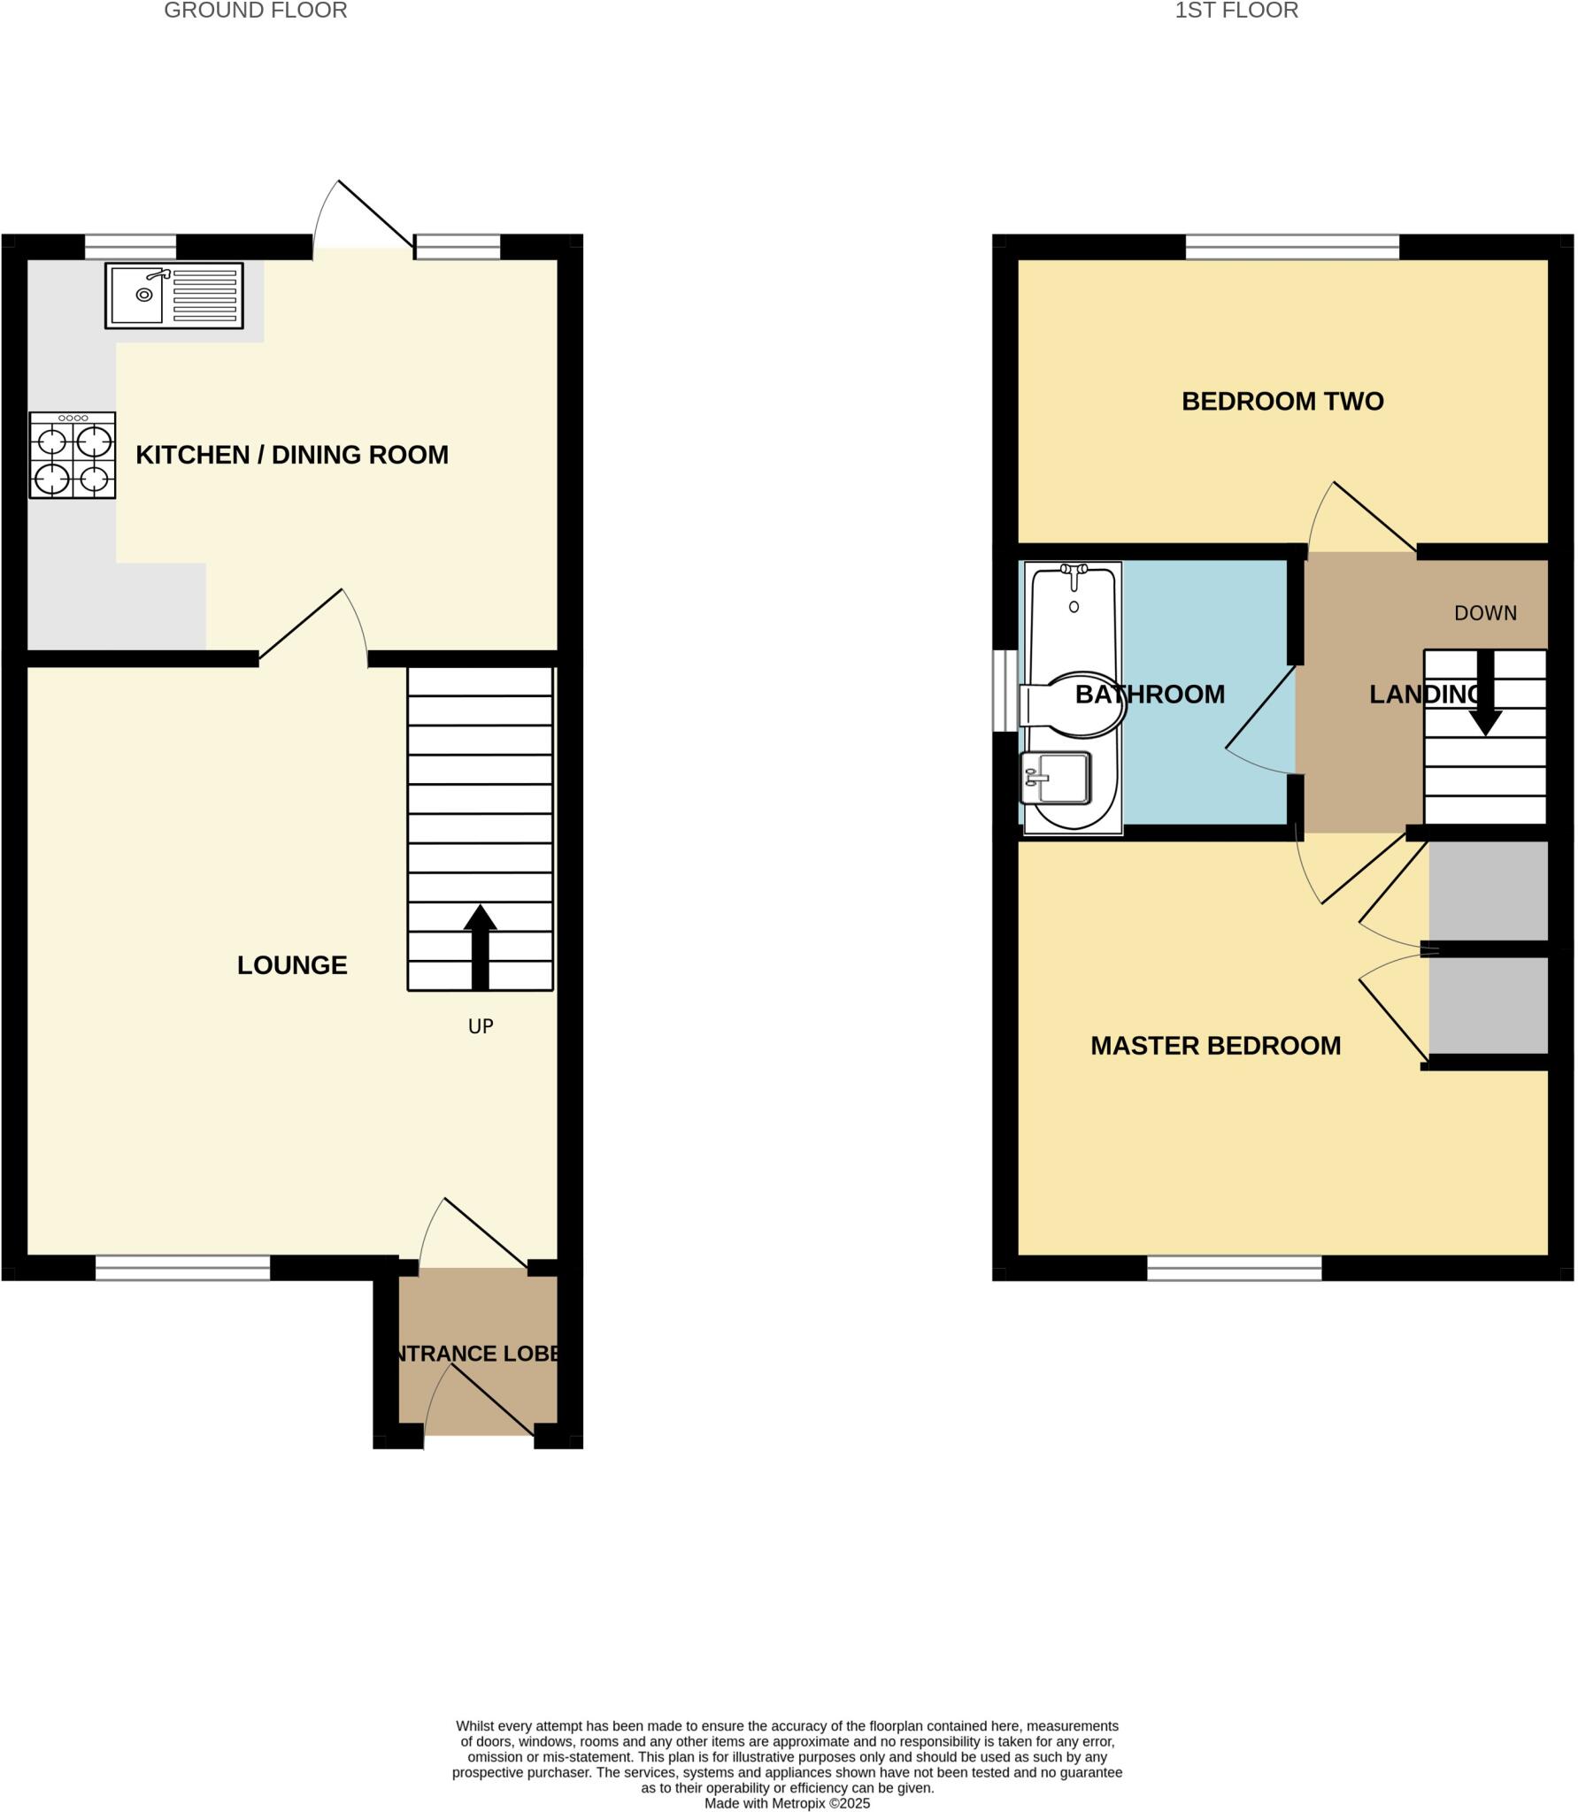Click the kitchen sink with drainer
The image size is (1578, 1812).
tap(173, 296)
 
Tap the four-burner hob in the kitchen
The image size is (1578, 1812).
tap(73, 455)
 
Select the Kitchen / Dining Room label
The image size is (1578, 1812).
tap(292, 455)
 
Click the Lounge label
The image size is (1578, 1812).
tap(292, 965)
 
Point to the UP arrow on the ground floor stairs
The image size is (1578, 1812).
tap(480, 947)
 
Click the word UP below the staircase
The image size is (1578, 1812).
tap(481, 1026)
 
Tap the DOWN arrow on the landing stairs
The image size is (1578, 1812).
tap(1485, 695)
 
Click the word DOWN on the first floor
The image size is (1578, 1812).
tap(1485, 613)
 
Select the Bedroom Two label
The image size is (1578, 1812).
tap(1282, 402)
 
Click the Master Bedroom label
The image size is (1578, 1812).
tap(1215, 1046)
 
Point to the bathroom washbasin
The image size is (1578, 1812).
tap(1056, 778)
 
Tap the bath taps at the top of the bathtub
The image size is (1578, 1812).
tap(1074, 574)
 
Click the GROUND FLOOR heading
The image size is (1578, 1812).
tap(256, 11)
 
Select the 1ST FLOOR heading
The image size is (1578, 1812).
tap(1236, 11)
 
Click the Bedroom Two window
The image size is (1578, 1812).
tap(1292, 247)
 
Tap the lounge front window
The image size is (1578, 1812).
tap(182, 1268)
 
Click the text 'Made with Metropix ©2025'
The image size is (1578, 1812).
tap(787, 1803)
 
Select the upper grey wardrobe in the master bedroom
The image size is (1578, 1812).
tap(1488, 891)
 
